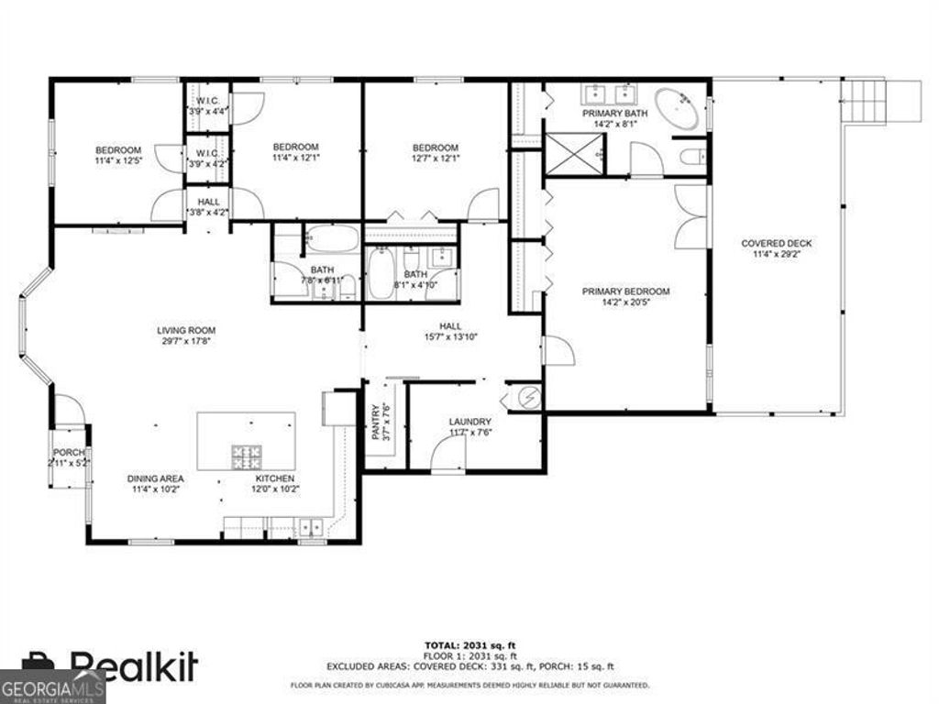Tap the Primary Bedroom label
click(625, 291)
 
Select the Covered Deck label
click(776, 243)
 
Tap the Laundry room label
click(470, 423)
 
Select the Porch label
click(68, 453)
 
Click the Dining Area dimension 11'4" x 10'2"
click(155, 489)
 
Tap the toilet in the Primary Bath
click(692, 157)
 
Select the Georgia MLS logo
click(52, 688)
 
